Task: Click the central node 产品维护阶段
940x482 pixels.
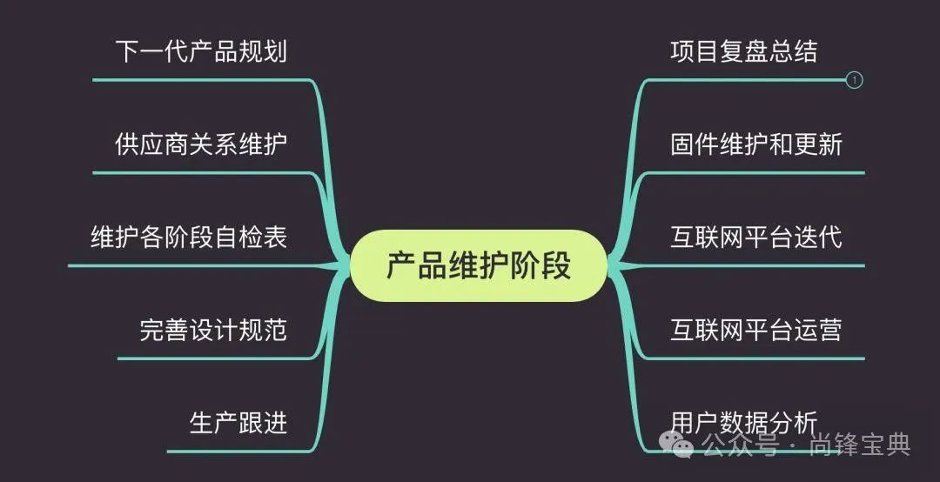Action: click(478, 265)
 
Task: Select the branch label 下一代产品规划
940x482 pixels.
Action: click(201, 51)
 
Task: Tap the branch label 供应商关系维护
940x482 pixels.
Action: click(201, 144)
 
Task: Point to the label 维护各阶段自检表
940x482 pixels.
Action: click(189, 237)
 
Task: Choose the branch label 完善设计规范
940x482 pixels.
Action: click(213, 330)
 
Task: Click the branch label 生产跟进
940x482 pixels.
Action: click(238, 423)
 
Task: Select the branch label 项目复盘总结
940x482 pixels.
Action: click(743, 51)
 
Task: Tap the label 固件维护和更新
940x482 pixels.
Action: click(755, 144)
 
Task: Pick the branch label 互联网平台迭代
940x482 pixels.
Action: click(755, 237)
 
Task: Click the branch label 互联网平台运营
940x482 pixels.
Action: click(755, 330)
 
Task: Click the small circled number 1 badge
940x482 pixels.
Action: click(855, 80)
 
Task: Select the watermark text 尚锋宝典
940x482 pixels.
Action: click(860, 446)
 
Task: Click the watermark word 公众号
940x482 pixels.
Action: click(740, 446)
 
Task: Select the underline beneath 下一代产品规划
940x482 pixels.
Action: click(201, 80)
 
